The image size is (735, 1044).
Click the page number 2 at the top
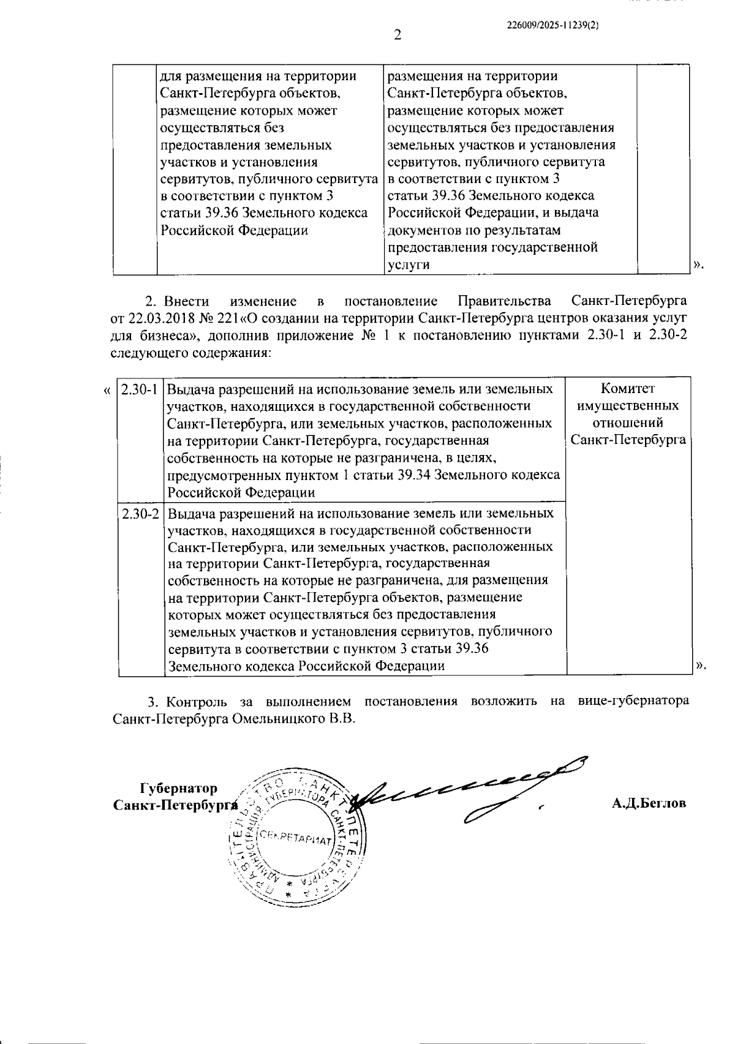click(398, 36)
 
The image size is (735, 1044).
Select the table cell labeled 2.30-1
click(140, 389)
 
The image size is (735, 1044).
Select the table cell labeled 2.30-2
click(140, 513)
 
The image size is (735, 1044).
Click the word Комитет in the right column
click(628, 389)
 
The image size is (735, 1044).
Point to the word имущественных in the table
click(628, 406)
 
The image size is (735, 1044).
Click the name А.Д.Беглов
click(649, 803)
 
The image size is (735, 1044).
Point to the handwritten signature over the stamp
click(466, 790)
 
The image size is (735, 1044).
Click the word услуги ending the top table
click(408, 265)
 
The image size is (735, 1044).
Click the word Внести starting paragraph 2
click(186, 301)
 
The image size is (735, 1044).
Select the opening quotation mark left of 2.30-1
click(107, 390)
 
